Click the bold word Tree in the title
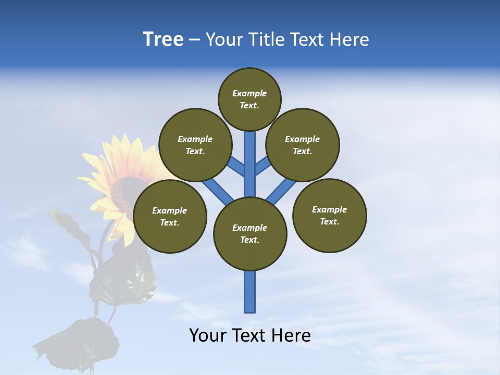(x=163, y=40)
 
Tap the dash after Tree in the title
(x=194, y=40)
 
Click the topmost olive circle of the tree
(x=249, y=99)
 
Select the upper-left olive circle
(x=195, y=145)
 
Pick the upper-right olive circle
(x=303, y=145)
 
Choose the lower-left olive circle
(x=170, y=216)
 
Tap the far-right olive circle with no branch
(x=330, y=215)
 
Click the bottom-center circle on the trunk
(x=250, y=234)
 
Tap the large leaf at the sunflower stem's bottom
(x=78, y=341)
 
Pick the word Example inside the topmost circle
(x=249, y=93)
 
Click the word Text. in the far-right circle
(x=330, y=221)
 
